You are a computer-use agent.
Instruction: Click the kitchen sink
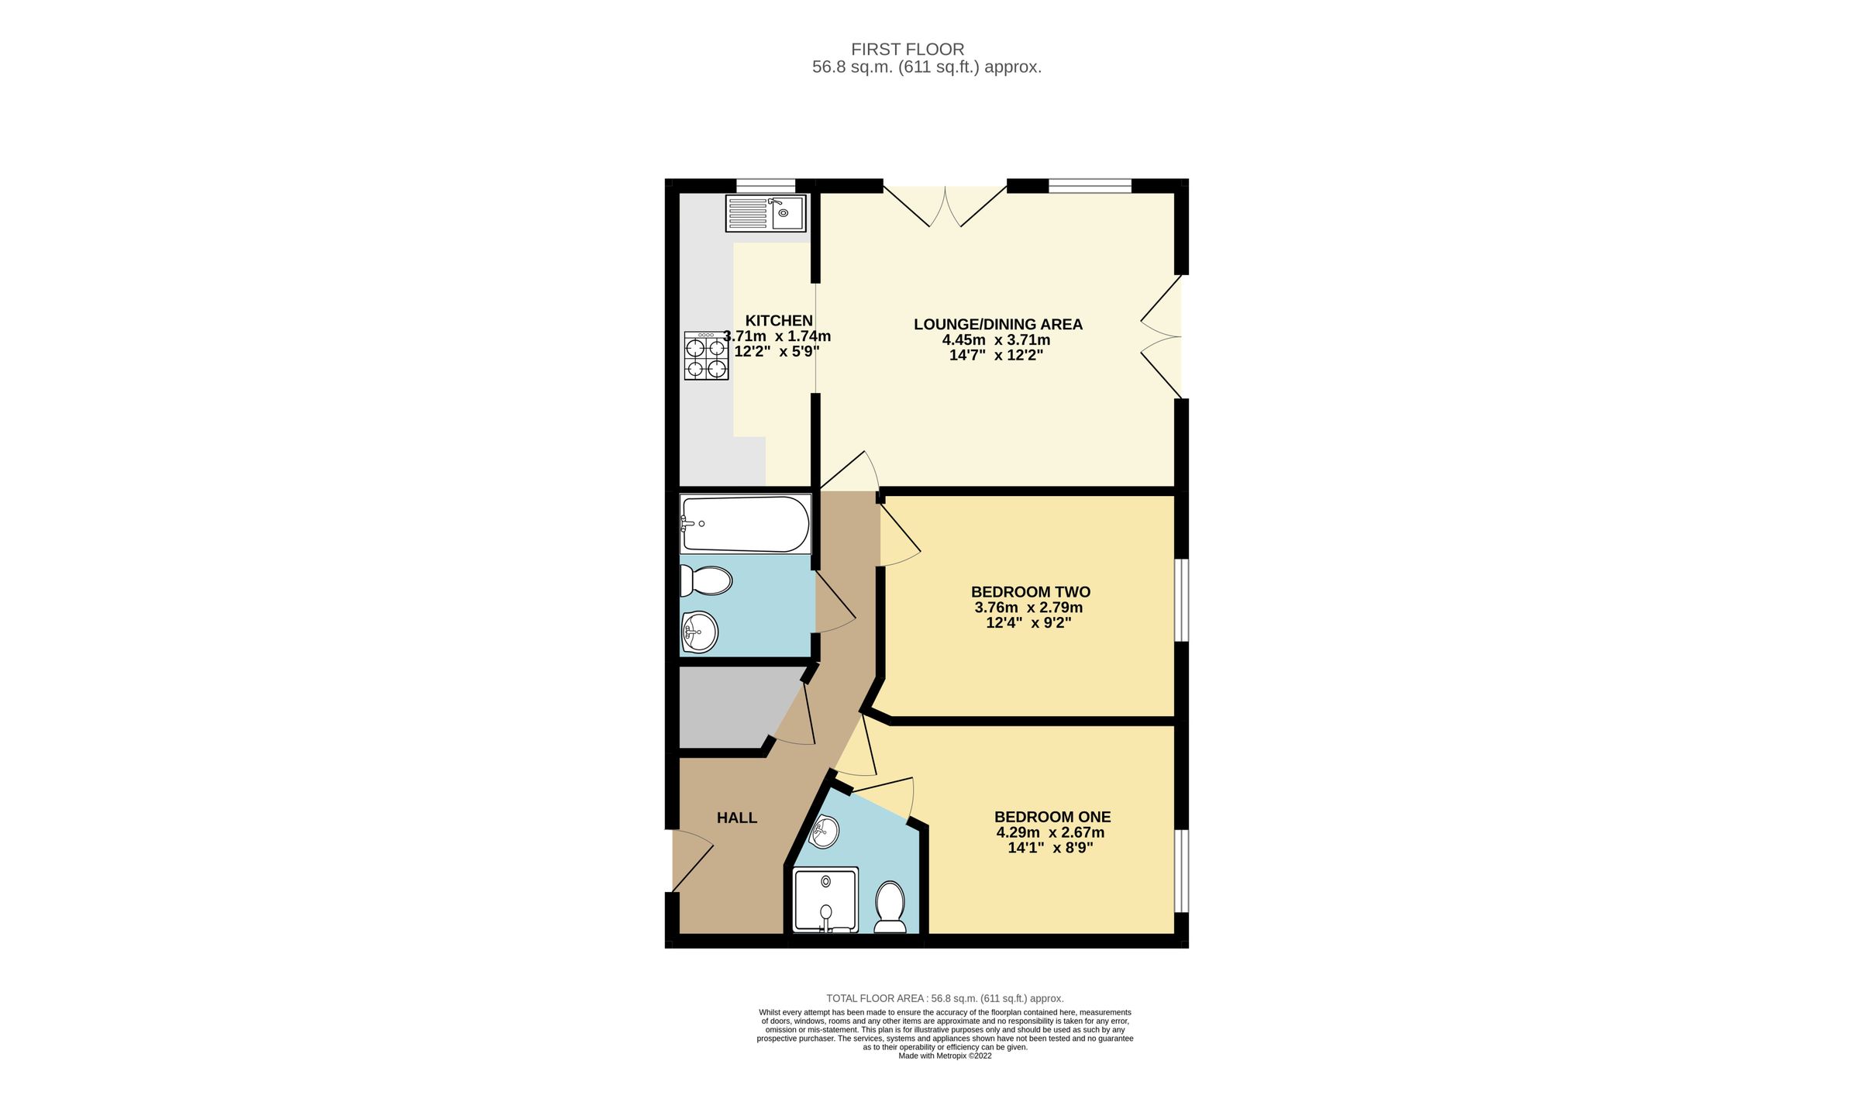766,213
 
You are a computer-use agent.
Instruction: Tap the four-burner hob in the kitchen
706,356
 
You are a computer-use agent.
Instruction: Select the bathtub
745,524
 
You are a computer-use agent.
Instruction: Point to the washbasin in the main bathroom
700,632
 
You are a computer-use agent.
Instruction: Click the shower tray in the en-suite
825,900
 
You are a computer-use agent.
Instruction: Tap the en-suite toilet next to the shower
890,907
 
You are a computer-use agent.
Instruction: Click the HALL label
736,818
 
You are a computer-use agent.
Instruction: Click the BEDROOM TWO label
1030,591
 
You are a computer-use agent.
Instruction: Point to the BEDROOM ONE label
1052,817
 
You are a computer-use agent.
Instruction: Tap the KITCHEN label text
779,320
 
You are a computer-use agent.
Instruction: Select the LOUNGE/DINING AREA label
997,324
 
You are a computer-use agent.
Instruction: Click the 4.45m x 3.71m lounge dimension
996,339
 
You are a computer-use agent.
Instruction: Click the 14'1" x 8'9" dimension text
1050,848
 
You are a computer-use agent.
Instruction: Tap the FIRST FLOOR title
908,49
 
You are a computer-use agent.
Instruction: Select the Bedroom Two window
1181,601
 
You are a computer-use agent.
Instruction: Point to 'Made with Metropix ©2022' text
945,1056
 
